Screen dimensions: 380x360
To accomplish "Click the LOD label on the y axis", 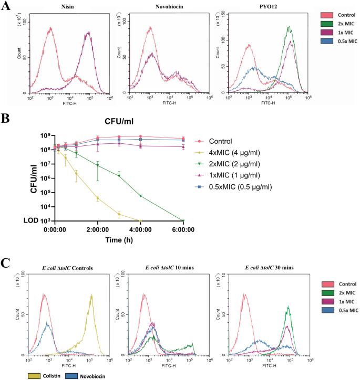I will click(44, 221).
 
